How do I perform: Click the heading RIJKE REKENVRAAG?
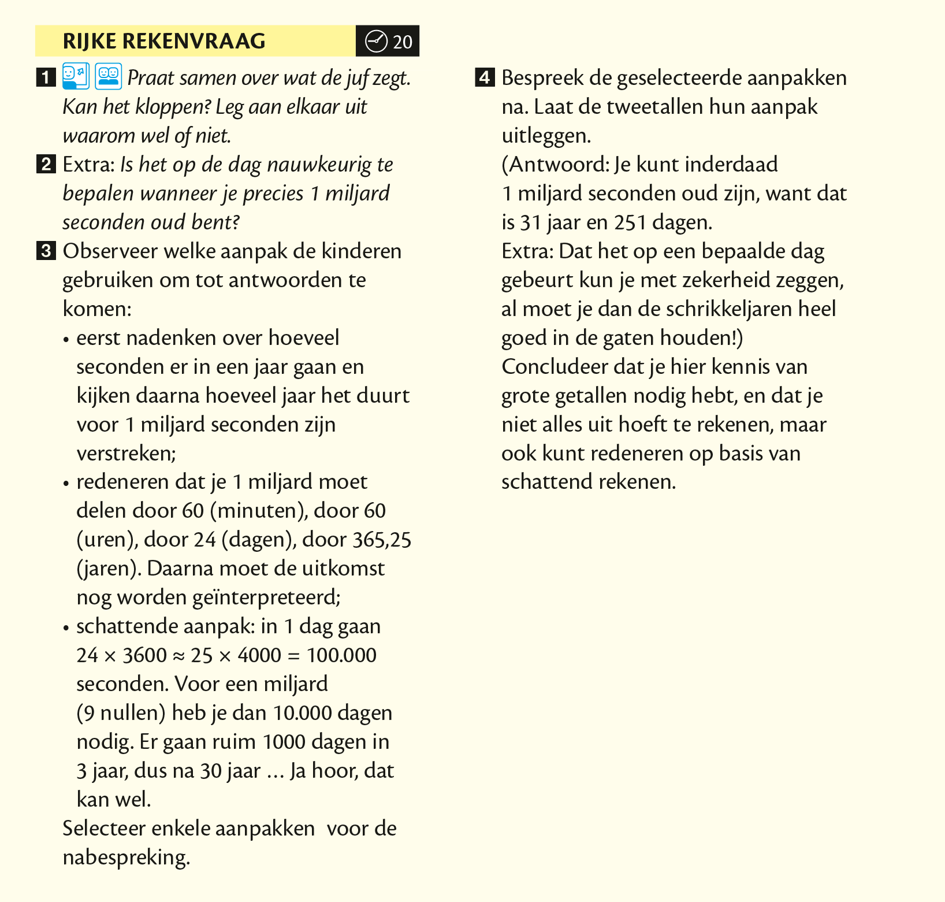coord(164,41)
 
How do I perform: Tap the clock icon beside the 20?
coord(376,41)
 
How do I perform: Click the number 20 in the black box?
coord(403,42)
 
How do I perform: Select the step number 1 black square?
coord(45,77)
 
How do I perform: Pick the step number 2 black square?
coord(45,164)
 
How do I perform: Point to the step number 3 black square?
coord(45,251)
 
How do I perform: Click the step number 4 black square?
coord(484,77)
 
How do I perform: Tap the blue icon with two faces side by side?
coord(109,76)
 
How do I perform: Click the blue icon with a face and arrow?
coord(76,76)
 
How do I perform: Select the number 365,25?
coord(382,540)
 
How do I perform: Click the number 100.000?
coord(341,655)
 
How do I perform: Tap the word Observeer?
coord(110,251)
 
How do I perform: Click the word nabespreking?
coord(126,858)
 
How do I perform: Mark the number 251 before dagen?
coord(630,222)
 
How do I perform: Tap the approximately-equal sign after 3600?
coord(178,656)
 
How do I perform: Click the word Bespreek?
coord(542,78)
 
